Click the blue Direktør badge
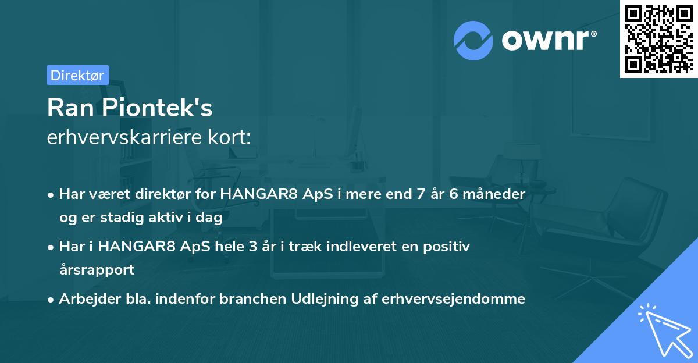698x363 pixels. point(77,75)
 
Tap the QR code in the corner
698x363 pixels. point(658,39)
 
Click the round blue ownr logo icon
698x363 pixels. point(473,41)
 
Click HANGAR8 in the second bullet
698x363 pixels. point(137,247)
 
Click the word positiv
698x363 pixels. point(449,247)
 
